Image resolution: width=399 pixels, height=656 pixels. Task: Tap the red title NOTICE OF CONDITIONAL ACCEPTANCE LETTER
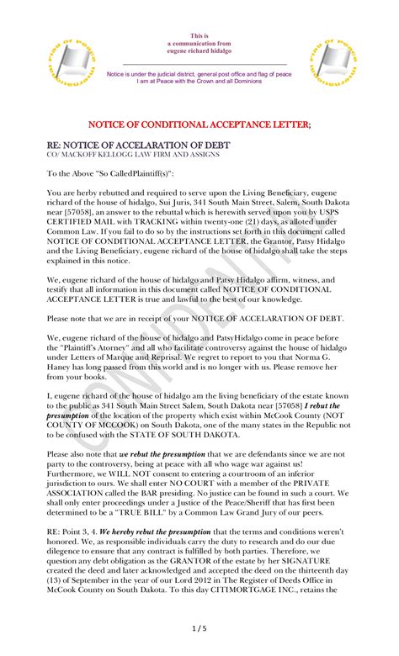point(199,125)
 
